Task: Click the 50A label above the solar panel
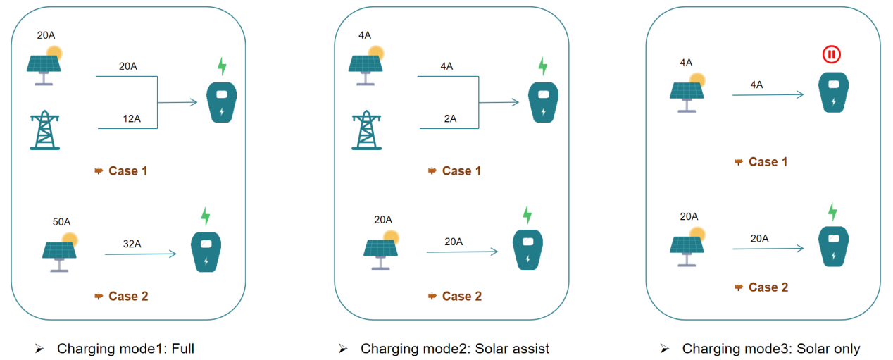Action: point(61,222)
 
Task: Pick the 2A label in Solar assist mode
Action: point(449,119)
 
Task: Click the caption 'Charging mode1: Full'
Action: point(125,348)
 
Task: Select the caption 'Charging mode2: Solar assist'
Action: point(454,348)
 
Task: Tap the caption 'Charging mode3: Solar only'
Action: point(771,348)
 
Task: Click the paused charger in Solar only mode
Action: point(833,92)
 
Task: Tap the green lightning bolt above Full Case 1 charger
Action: point(222,67)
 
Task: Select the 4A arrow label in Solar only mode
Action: point(757,85)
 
